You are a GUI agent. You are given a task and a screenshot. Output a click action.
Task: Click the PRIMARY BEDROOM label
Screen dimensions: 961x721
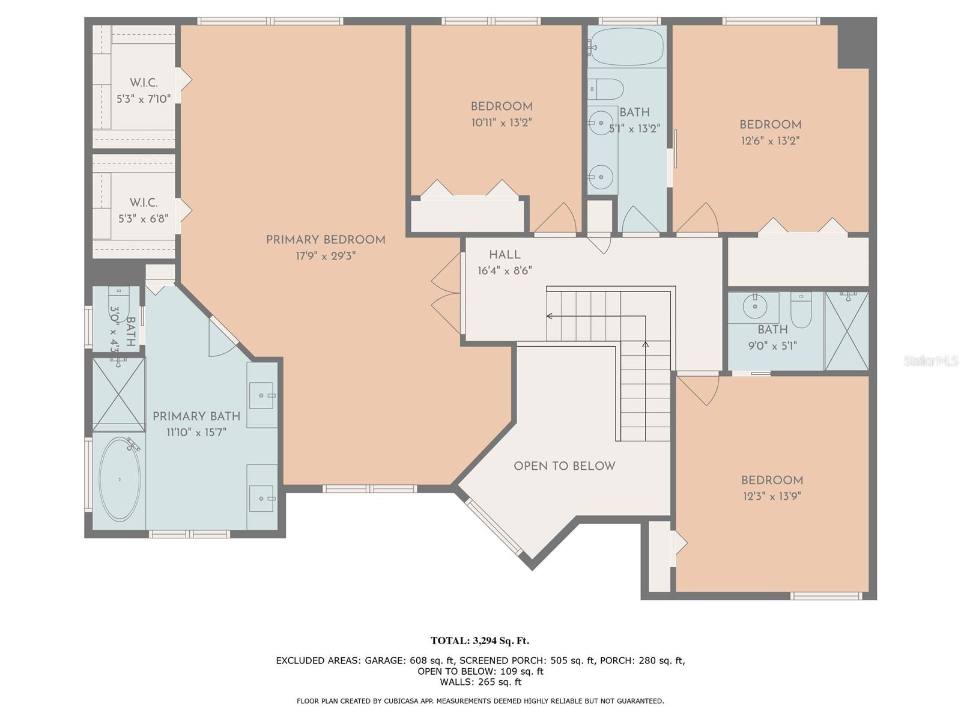326,240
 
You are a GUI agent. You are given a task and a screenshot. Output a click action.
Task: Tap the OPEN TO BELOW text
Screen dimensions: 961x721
565,466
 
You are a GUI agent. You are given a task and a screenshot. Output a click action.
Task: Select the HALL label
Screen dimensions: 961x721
505,254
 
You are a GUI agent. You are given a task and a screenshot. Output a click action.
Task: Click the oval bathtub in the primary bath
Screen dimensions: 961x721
120,479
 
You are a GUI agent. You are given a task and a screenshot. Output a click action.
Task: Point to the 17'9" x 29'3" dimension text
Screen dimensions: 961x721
326,256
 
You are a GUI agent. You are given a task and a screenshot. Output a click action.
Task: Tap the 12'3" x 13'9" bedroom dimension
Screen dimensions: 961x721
772,496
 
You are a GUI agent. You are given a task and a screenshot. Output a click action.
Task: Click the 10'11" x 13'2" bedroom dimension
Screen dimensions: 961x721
502,123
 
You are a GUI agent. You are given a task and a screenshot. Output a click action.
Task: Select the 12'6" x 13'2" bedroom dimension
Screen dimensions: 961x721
770,141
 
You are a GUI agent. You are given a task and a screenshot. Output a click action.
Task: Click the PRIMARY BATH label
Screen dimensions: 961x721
196,416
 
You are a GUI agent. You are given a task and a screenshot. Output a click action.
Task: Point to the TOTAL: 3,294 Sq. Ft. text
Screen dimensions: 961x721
480,641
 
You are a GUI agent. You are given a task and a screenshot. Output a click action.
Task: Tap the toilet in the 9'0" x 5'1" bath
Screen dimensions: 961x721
801,310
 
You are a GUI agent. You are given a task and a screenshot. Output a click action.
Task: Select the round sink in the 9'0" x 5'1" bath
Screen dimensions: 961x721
755,306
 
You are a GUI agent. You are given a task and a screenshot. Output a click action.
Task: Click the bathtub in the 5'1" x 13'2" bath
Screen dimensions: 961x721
626,46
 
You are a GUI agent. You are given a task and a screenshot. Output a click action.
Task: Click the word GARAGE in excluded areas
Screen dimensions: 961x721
385,660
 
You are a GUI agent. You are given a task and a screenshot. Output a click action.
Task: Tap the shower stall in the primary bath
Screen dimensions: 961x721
119,394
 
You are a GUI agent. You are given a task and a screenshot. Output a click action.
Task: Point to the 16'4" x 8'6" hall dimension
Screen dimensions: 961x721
505,270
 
